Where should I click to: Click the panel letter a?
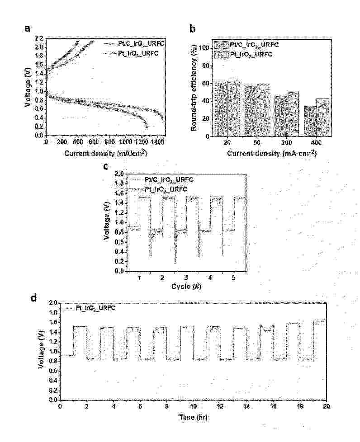tap(28, 29)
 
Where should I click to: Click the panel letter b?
tap(193, 29)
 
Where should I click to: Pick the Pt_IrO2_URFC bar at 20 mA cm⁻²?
tap(234, 108)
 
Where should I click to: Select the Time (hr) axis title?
tap(193, 418)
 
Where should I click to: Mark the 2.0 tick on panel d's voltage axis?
tap(53, 303)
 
